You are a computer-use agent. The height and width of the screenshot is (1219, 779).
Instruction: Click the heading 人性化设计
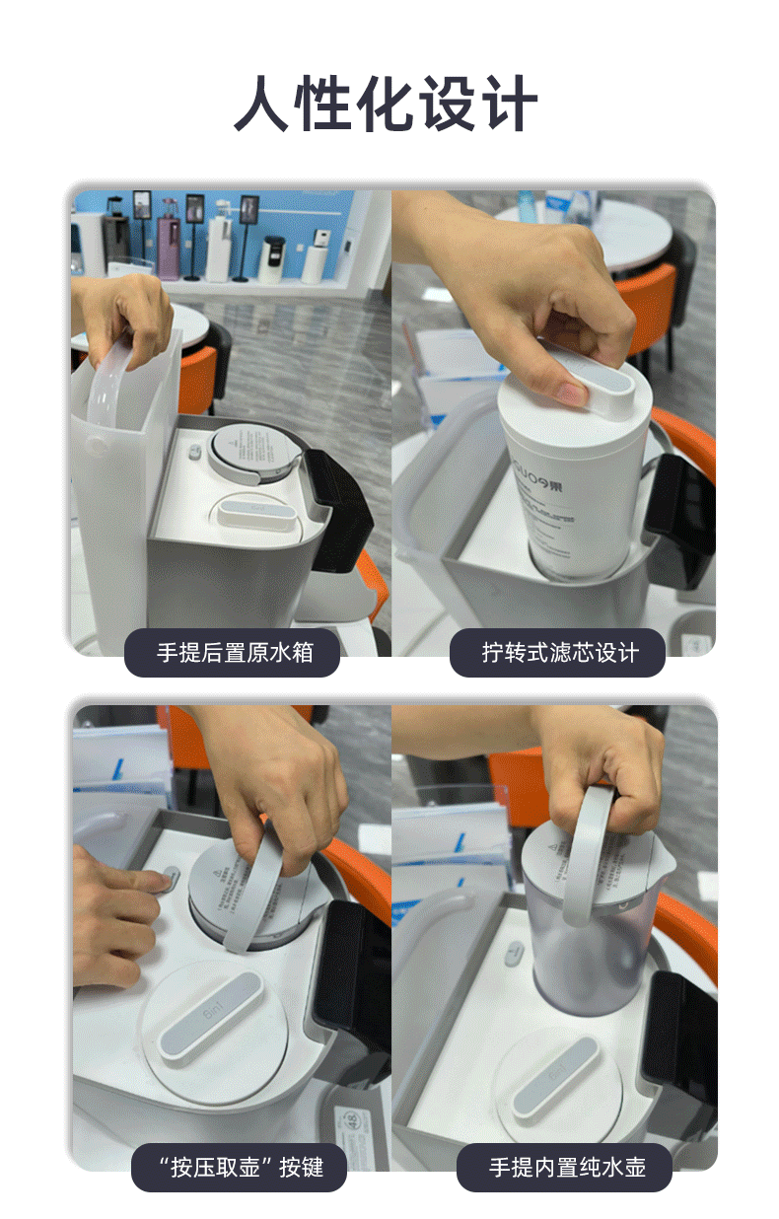(387, 105)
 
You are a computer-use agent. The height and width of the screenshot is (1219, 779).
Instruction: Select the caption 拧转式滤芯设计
(557, 652)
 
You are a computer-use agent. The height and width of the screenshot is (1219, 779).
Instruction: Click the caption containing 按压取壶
(240, 1167)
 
